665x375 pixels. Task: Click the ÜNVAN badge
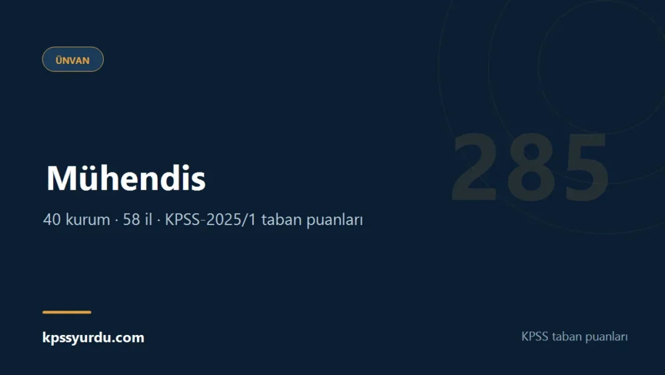click(72, 59)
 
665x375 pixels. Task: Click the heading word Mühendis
click(126, 178)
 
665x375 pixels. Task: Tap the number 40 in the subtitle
click(52, 220)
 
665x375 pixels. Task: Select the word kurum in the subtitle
click(87, 220)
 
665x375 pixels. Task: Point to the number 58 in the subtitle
click(132, 220)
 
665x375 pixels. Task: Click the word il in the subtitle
click(148, 219)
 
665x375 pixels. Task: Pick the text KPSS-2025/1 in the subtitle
click(210, 220)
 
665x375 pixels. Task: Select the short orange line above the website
click(66, 312)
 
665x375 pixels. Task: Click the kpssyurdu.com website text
click(93, 338)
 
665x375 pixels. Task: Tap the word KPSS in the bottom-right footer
click(535, 336)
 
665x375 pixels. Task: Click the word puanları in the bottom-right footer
click(606, 337)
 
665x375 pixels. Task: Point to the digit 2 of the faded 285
click(474, 167)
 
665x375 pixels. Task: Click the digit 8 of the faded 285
click(531, 167)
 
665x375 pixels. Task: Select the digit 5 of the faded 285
click(586, 168)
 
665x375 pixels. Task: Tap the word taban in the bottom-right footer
click(567, 336)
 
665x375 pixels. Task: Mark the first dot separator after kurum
click(116, 220)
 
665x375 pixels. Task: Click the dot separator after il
click(158, 220)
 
